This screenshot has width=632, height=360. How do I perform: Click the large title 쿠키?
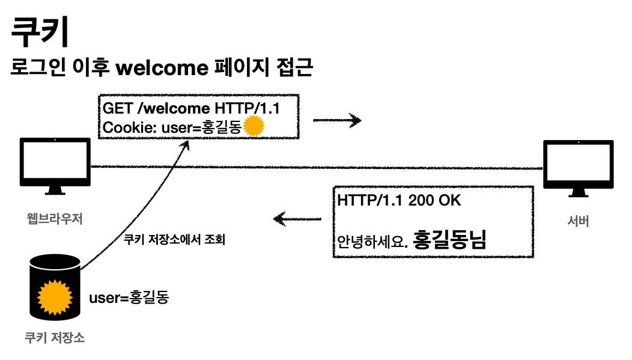[x=40, y=32]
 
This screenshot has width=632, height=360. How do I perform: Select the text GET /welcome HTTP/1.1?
[x=191, y=109]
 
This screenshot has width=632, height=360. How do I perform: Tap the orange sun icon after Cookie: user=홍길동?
[x=255, y=126]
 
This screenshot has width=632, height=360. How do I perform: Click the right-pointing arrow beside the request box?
[x=337, y=121]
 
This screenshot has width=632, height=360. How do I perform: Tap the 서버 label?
[x=578, y=221]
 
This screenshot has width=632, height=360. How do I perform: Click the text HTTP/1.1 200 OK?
[x=399, y=201]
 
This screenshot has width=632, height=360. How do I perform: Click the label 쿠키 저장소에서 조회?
[x=169, y=238]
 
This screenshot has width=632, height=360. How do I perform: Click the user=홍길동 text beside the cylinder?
[x=129, y=297]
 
